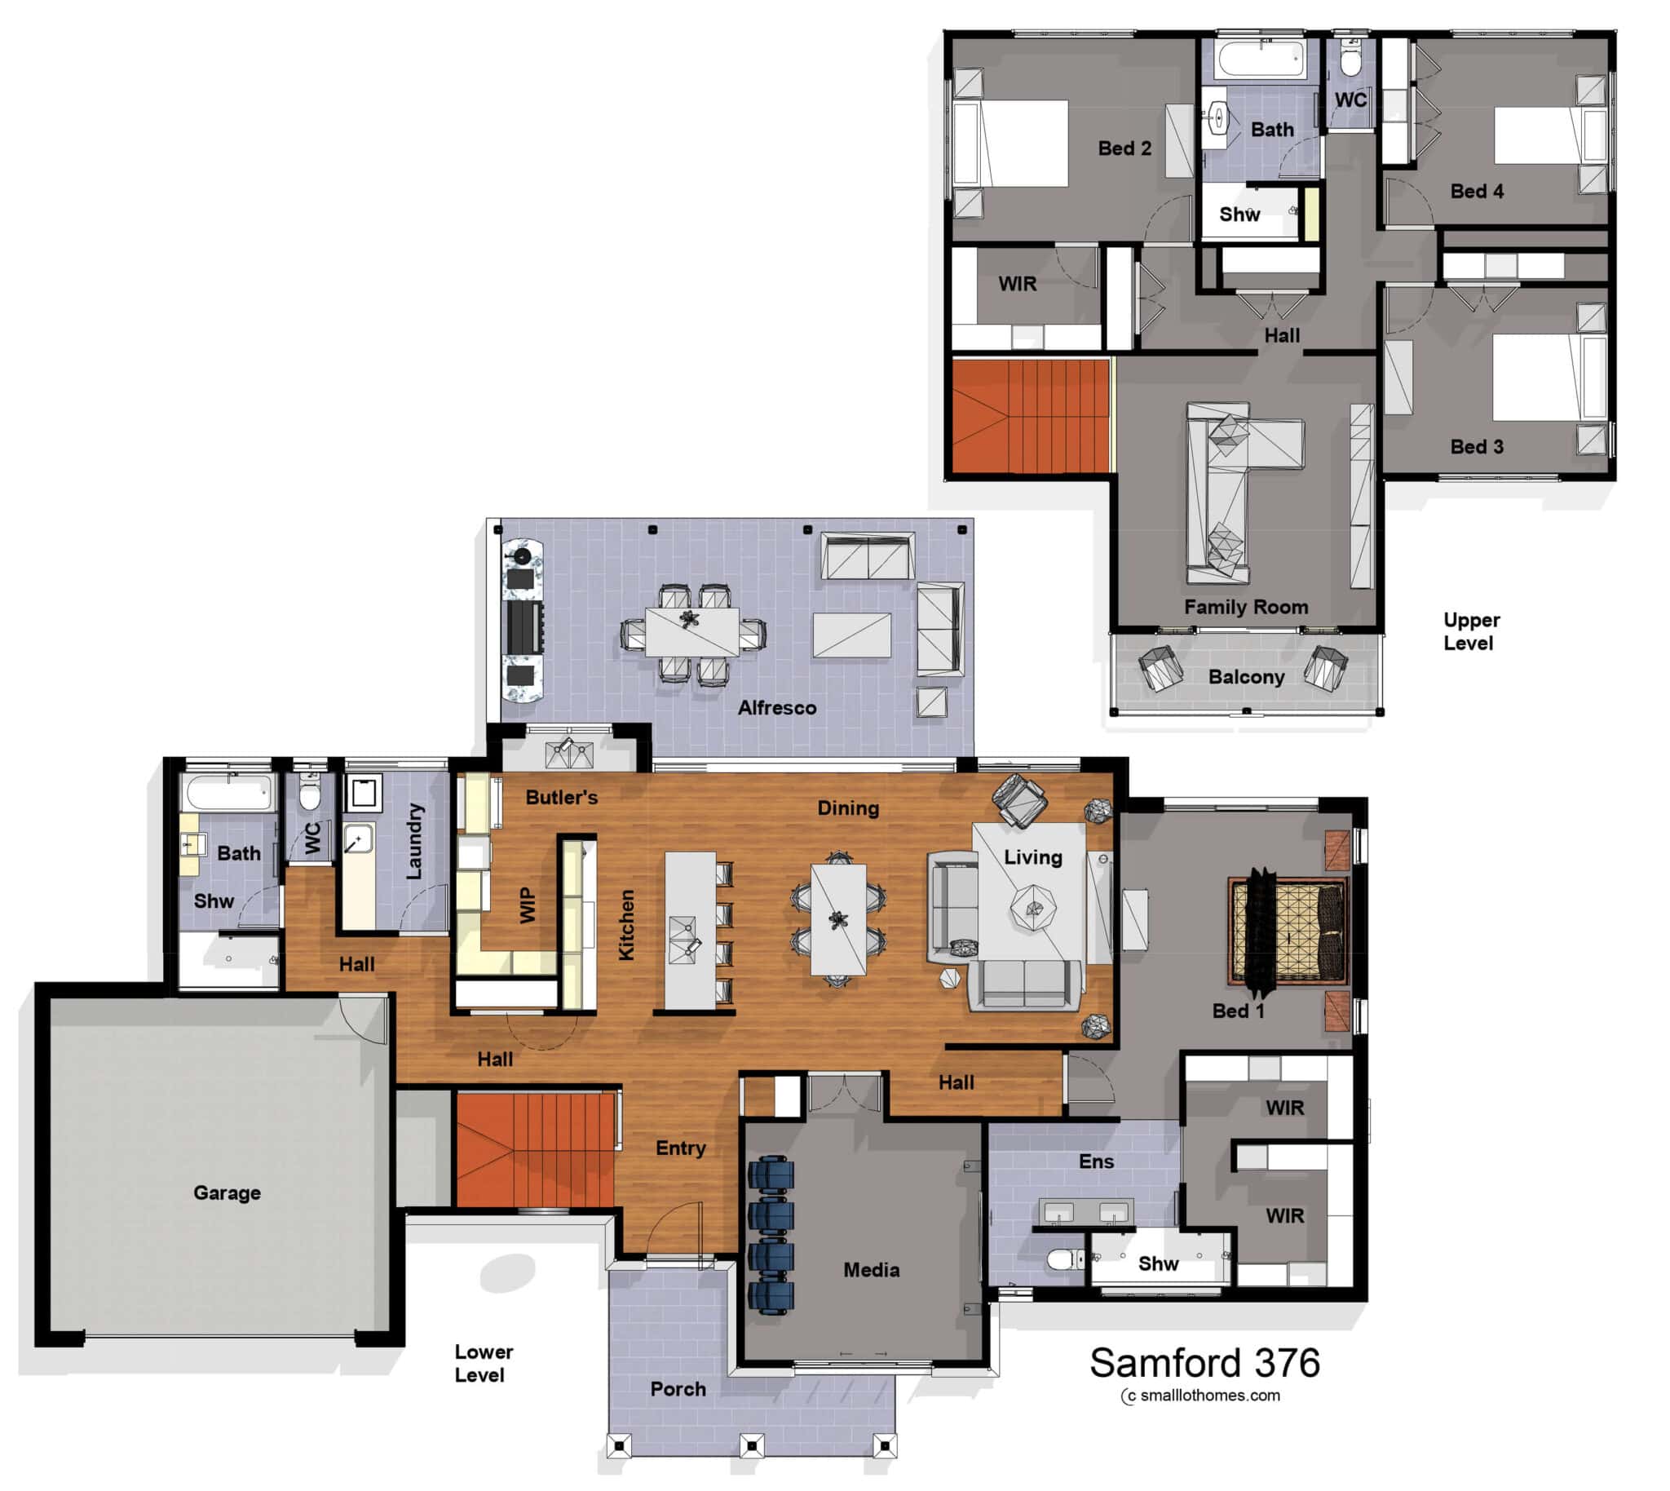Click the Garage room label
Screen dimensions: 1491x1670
(x=227, y=1192)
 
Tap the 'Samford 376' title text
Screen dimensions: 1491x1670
(x=1204, y=1363)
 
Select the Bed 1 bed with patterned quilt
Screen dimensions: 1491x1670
(x=1288, y=930)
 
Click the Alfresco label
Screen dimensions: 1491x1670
(x=776, y=708)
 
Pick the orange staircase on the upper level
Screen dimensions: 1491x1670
(x=1030, y=416)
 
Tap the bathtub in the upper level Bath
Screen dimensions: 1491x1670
(x=1261, y=58)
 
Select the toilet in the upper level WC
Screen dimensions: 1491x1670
(x=1350, y=60)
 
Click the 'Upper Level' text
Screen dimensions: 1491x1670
(x=1471, y=630)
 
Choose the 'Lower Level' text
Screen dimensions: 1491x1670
(x=484, y=1363)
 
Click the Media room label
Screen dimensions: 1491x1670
(x=871, y=1270)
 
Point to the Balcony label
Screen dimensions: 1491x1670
(x=1246, y=677)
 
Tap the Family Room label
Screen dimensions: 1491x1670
(x=1246, y=607)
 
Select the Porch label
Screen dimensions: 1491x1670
(x=678, y=1388)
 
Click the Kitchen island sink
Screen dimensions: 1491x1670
(x=683, y=939)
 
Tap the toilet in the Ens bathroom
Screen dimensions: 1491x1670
(x=1063, y=1259)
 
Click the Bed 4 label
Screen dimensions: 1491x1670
(x=1477, y=191)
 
